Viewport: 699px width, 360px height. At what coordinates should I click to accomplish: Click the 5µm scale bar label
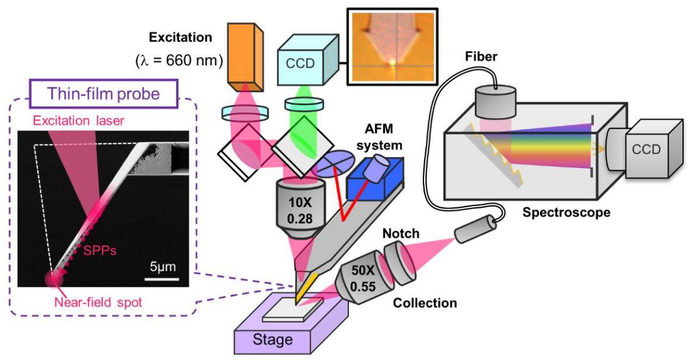pyautogui.click(x=161, y=267)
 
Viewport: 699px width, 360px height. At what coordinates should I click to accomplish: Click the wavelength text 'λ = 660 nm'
pyautogui.click(x=178, y=61)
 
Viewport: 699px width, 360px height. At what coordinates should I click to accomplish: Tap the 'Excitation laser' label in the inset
pyautogui.click(x=78, y=120)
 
